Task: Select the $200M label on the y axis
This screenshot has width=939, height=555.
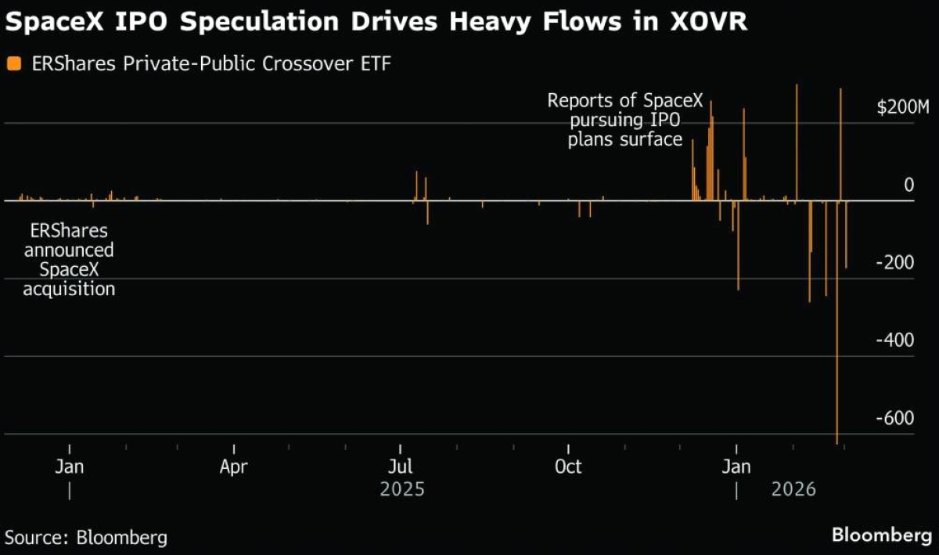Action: point(902,107)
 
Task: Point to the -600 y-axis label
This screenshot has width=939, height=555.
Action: point(895,418)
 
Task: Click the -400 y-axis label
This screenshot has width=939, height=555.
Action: point(895,341)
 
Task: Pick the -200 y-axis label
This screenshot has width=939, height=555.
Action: point(895,263)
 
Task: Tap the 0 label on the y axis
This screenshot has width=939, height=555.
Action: point(908,185)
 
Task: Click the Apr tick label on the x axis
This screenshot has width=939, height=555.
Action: point(234,467)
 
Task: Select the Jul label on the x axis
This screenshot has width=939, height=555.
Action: point(401,467)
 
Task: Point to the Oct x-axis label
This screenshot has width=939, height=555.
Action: point(568,467)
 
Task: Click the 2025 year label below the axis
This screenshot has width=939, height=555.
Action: point(401,490)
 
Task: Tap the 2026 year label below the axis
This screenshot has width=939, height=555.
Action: point(793,490)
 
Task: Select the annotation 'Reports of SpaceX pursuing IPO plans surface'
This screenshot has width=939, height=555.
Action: point(625,121)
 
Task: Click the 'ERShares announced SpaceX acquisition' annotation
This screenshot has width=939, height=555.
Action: point(69,261)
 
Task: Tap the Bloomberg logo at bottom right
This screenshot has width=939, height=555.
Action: point(882,536)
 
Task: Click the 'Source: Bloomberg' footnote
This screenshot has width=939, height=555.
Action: point(86,538)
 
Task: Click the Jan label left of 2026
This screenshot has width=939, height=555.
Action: point(736,467)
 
